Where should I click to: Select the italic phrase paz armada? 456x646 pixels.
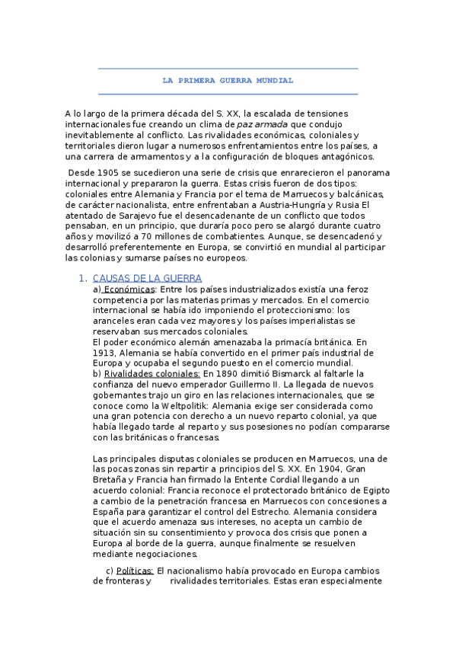coord(262,124)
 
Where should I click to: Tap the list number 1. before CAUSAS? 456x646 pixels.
coord(84,279)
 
